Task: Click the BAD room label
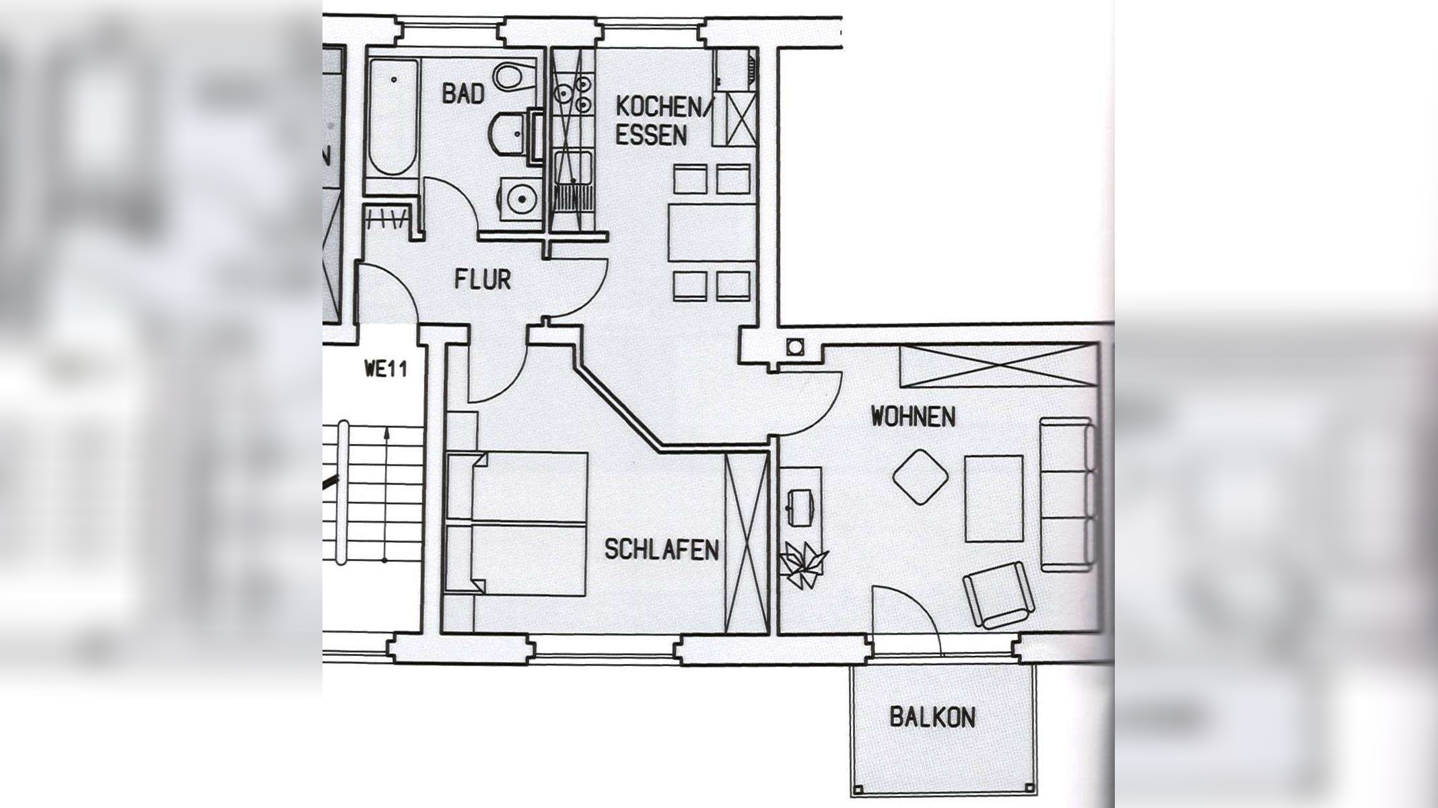coord(463,94)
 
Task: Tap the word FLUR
coord(482,279)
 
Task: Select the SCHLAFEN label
coord(661,550)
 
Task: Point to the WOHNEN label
coord(913,416)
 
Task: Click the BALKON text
coord(932,717)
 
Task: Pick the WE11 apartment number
coord(385,369)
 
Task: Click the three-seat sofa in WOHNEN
coord(1067,494)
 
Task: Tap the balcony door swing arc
coord(909,616)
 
